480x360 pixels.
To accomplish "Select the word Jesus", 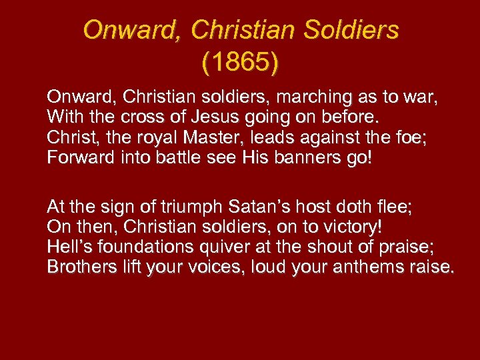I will [x=226, y=119].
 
